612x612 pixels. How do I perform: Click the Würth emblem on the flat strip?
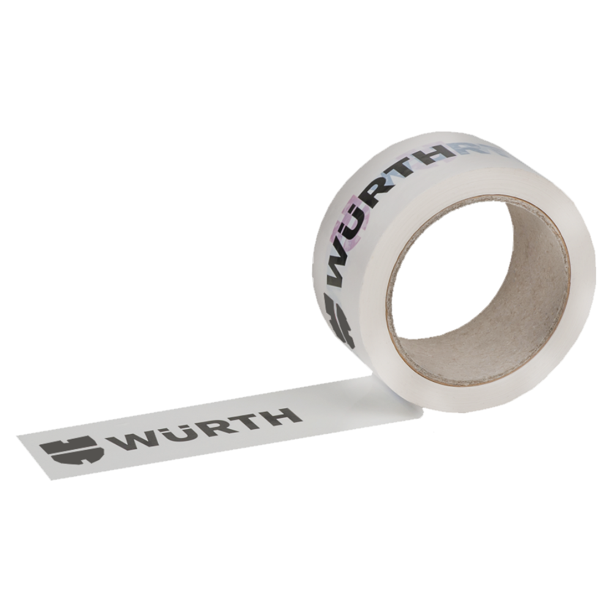pos(72,450)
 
